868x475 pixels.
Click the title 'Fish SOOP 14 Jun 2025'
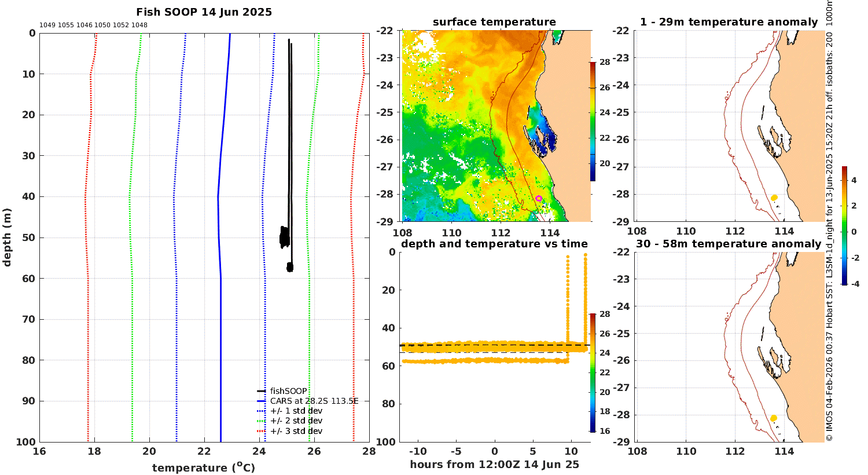click(x=204, y=12)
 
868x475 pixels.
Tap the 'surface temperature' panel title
click(x=494, y=22)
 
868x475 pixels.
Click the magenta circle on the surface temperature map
click(x=539, y=199)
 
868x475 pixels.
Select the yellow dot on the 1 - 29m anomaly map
click(x=774, y=198)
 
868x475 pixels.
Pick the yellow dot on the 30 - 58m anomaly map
click(x=774, y=418)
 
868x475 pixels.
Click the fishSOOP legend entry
click(x=282, y=391)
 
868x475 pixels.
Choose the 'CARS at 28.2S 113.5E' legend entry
click(x=308, y=401)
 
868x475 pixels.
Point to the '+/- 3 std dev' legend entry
click(x=290, y=431)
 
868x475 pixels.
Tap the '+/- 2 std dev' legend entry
click(x=290, y=421)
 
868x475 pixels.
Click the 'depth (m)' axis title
click(x=7, y=237)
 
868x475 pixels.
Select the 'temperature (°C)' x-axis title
click(x=204, y=467)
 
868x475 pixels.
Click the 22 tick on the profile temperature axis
click(x=204, y=451)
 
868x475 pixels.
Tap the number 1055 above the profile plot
click(x=66, y=25)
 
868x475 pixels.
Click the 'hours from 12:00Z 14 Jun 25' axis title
click(x=494, y=465)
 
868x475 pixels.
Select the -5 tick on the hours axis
click(x=456, y=452)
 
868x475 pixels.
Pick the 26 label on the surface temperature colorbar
click(x=605, y=87)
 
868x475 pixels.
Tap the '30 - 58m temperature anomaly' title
click(x=729, y=244)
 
